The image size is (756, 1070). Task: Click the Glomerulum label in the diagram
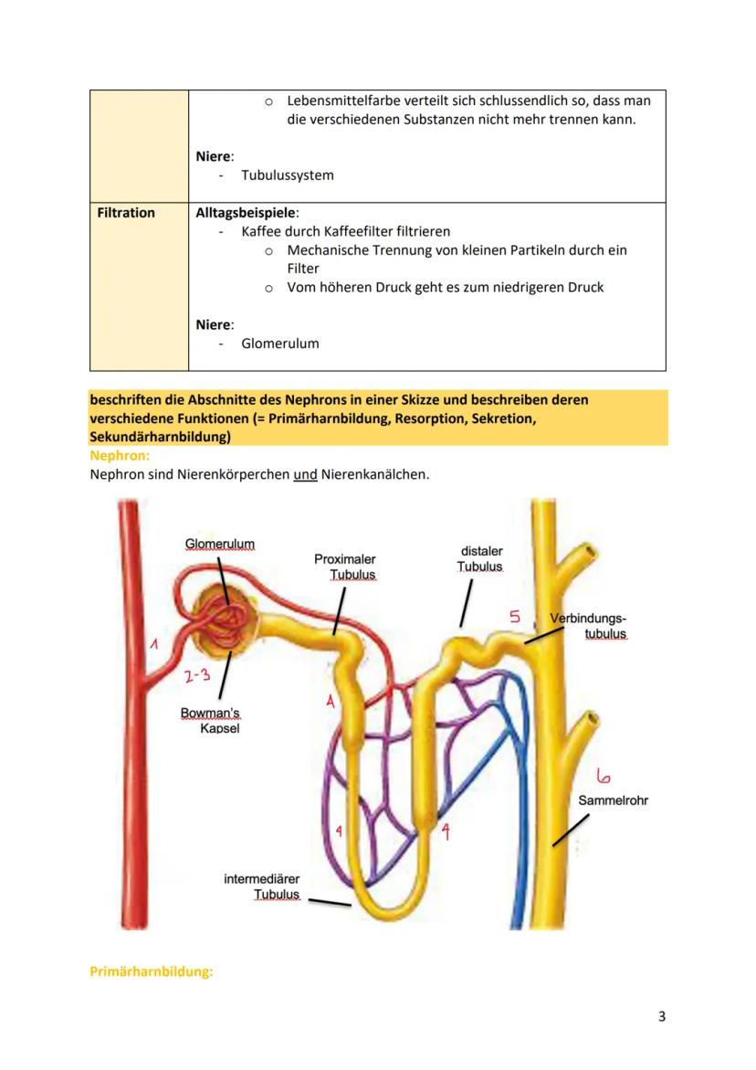[219, 544]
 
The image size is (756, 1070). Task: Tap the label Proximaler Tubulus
[345, 567]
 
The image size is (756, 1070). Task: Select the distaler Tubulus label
[480, 558]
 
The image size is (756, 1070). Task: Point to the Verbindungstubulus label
[589, 626]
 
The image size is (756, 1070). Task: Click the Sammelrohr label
[613, 800]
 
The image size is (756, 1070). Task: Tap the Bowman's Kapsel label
[210, 720]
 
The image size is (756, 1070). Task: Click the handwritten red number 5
[515, 617]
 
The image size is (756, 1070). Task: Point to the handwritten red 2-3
[196, 676]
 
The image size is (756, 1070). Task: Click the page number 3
[661, 1017]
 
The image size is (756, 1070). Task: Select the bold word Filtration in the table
[126, 213]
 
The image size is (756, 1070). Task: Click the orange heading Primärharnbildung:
[151, 971]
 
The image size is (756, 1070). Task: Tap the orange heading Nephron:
[120, 454]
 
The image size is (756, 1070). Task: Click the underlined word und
[305, 475]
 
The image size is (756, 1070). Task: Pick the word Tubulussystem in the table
[287, 175]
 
